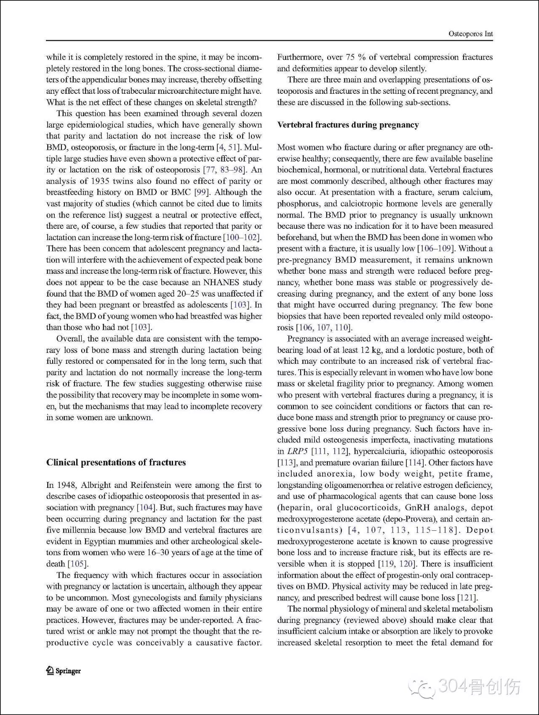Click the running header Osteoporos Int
(x=471, y=34)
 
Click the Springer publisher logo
(x=64, y=671)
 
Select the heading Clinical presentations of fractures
(x=116, y=462)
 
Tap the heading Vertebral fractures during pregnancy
(x=348, y=124)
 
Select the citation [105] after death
(x=78, y=564)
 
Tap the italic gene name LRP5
(x=297, y=451)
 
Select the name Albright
(x=98, y=485)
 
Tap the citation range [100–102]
(x=242, y=237)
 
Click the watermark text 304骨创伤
(x=479, y=687)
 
